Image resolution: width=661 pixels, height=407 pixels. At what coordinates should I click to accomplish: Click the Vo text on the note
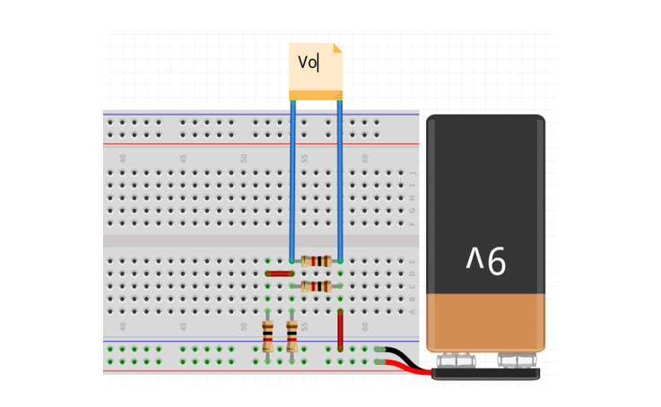pos(308,63)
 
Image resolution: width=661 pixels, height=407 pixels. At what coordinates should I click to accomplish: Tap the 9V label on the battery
pos(486,260)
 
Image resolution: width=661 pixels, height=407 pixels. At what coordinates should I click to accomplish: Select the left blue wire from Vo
pos(292,179)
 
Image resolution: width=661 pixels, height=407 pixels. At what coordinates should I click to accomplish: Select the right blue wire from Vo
pos(340,179)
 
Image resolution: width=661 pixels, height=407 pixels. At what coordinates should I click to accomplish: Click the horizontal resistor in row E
pos(316,261)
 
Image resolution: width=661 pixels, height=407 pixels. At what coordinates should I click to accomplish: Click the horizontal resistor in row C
pos(316,286)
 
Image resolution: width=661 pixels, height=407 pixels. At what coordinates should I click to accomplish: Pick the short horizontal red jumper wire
pos(279,273)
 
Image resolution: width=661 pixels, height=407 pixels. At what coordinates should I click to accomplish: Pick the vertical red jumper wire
pos(340,329)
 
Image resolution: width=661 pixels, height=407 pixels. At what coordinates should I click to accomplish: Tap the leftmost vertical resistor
pos(267,335)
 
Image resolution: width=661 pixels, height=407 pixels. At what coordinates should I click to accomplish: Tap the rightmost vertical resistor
pos(291,335)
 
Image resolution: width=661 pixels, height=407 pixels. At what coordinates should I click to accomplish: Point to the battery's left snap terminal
pos(457,360)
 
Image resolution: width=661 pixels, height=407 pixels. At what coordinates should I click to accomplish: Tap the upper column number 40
pos(123,158)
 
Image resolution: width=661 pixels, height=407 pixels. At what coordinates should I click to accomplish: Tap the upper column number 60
pos(365,158)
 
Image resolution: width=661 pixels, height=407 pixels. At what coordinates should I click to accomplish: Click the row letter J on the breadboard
pos(413,173)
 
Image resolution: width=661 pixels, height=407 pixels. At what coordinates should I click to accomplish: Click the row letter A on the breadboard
pos(413,311)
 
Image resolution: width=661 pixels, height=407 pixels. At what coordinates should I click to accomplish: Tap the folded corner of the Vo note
pos(337,48)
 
